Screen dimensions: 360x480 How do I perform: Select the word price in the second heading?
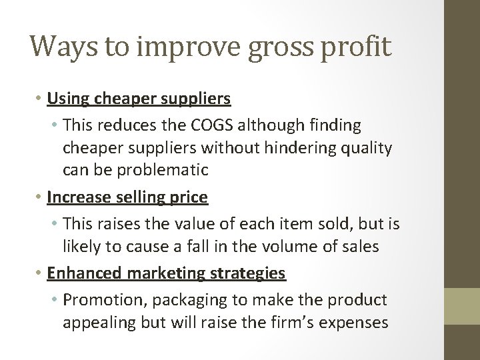(190, 197)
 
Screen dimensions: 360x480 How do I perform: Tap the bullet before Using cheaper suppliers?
(40, 99)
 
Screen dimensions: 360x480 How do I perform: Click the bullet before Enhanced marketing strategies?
(40, 273)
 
